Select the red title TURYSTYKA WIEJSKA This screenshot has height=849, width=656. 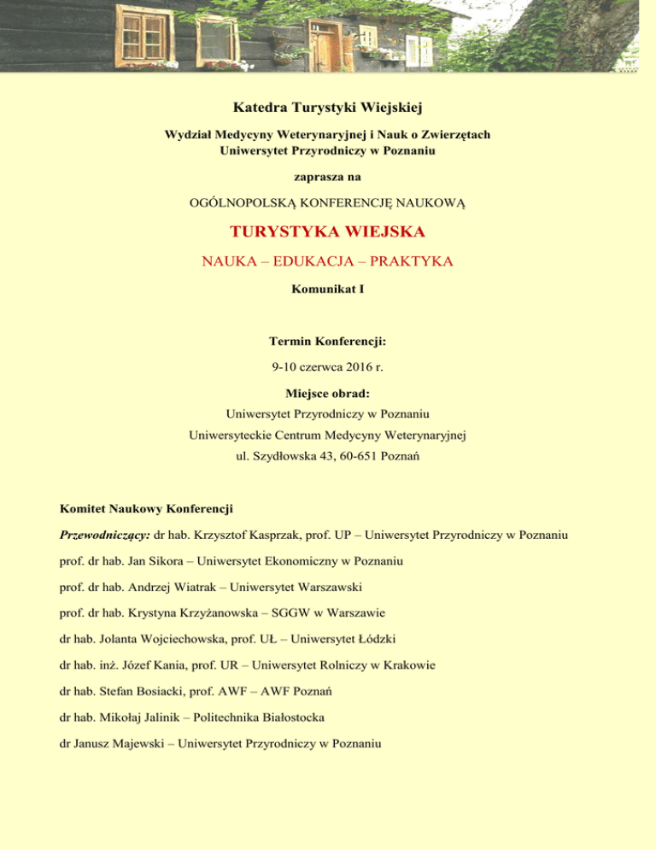[x=328, y=231]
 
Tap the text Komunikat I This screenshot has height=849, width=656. [x=328, y=290]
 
